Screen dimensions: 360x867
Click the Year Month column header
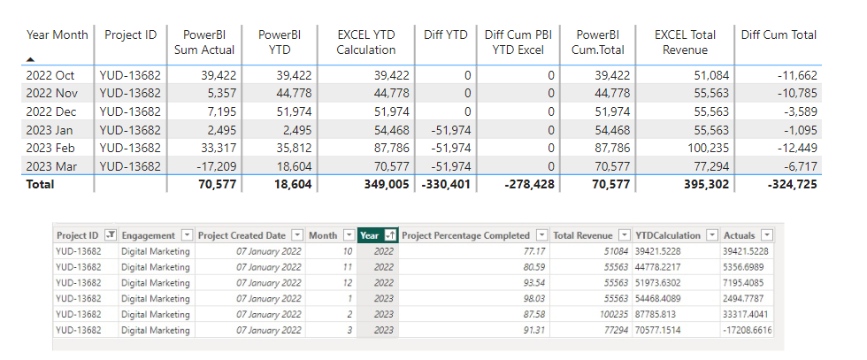pyautogui.click(x=58, y=34)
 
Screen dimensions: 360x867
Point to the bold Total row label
pyautogui.click(x=40, y=184)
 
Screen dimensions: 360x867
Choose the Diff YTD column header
pyautogui.click(x=445, y=34)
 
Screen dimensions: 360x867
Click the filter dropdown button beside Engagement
pyautogui.click(x=186, y=235)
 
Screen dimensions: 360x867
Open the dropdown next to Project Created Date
pyautogui.click(x=296, y=235)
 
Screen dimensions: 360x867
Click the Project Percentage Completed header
pyautogui.click(x=465, y=235)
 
